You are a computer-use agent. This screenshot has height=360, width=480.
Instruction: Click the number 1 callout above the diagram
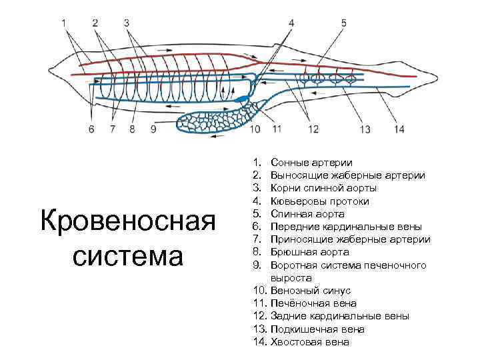(x=65, y=23)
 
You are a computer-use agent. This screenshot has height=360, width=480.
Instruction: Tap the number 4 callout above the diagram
(x=291, y=23)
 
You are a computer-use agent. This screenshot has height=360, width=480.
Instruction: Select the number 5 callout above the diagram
(x=343, y=23)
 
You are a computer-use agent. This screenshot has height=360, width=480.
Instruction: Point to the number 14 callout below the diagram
(x=399, y=129)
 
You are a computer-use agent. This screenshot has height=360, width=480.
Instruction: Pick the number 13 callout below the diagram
(x=365, y=129)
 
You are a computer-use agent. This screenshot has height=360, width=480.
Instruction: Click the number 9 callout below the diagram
(x=153, y=128)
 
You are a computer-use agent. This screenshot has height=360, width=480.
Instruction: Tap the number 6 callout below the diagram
(x=91, y=128)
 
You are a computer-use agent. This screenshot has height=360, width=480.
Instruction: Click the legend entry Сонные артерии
(x=312, y=163)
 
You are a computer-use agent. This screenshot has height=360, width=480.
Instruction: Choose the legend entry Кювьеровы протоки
(x=320, y=201)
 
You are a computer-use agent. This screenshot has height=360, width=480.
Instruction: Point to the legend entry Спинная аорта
(x=307, y=214)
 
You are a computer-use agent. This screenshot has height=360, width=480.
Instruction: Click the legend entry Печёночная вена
(x=314, y=303)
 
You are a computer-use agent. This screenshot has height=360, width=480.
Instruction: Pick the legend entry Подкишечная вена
(x=318, y=329)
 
